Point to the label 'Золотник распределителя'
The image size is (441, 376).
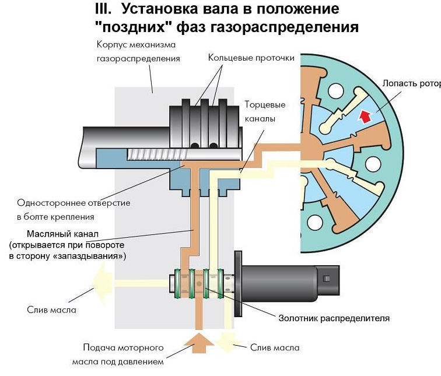pyautogui.click(x=332, y=318)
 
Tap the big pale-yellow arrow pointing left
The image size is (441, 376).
pyautogui.click(x=102, y=282)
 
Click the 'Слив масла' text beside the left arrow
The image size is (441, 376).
pyautogui.click(x=51, y=309)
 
